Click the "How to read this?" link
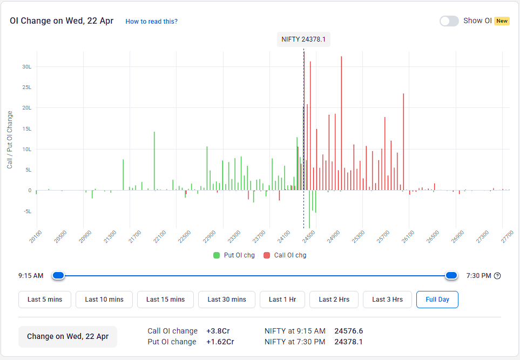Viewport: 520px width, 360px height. pos(151,22)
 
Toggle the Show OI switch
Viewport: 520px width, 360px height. pos(449,21)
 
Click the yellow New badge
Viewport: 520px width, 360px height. pos(502,21)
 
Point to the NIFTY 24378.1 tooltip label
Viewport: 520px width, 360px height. pos(303,39)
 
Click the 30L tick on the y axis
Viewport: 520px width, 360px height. pos(26,67)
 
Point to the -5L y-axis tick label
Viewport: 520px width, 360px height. pos(26,211)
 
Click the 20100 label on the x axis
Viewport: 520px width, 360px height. pos(36,237)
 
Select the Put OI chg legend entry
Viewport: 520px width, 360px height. pos(234,255)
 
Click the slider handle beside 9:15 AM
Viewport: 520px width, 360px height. pos(58,276)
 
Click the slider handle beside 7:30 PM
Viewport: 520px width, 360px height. pos(451,276)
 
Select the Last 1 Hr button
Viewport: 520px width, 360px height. pos(282,300)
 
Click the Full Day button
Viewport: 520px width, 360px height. pos(437,300)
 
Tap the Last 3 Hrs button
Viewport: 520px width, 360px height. pos(387,300)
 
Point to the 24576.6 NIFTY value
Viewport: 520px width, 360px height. pos(348,331)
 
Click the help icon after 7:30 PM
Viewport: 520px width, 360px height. pos(497,276)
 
